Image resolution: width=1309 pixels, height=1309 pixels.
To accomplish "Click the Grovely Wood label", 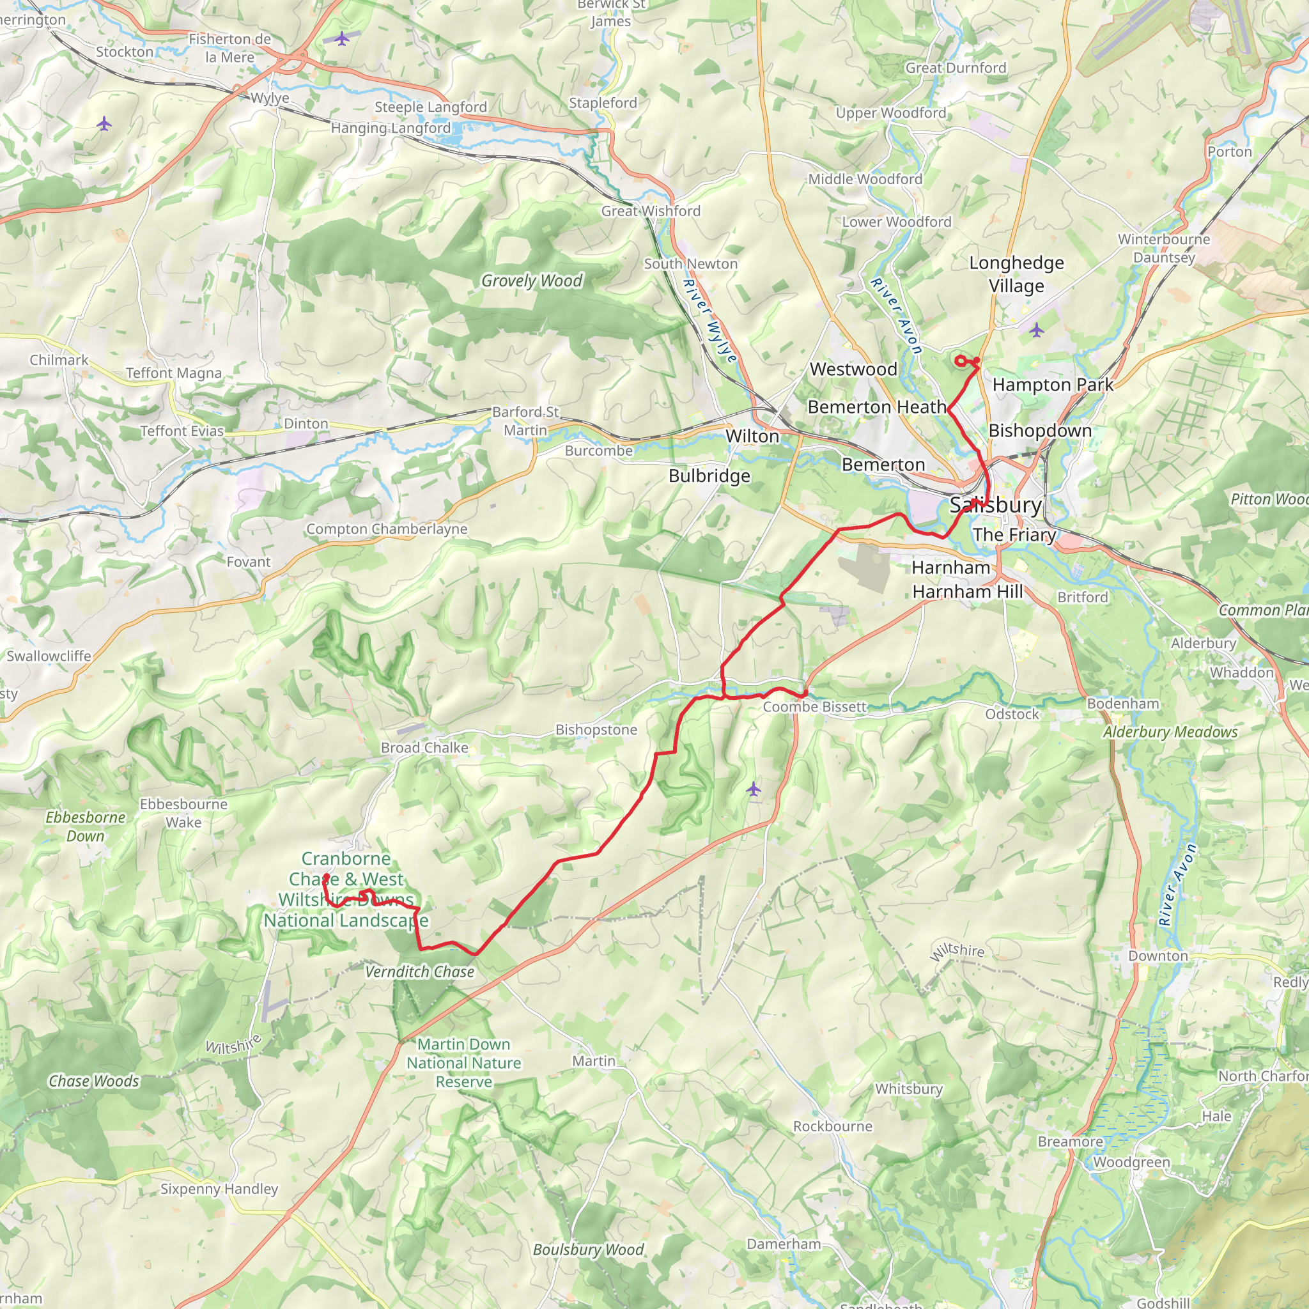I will [x=531, y=281].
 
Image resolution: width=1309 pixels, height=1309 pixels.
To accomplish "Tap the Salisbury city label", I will [x=995, y=504].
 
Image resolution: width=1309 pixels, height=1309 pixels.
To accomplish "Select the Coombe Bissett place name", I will [x=814, y=707].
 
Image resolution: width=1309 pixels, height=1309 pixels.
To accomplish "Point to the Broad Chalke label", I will [x=424, y=747].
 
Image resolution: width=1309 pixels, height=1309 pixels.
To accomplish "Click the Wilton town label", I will [x=752, y=437].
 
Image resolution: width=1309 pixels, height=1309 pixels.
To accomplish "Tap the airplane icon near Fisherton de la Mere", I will [x=342, y=38].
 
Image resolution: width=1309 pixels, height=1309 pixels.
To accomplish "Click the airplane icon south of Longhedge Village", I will [x=1037, y=330].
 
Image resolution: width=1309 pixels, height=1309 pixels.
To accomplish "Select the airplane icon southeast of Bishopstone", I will [x=754, y=789].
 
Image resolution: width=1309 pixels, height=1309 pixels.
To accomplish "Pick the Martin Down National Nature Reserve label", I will [x=463, y=1063].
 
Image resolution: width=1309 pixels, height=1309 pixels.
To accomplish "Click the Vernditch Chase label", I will [x=419, y=972].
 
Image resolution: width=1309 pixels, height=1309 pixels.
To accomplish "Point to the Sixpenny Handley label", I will [x=219, y=1189].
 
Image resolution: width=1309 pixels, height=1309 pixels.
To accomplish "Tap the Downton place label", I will [x=1158, y=956].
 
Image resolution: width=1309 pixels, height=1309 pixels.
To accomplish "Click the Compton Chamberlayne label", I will [x=386, y=529].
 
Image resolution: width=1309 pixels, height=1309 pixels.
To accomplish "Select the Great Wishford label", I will [x=651, y=211].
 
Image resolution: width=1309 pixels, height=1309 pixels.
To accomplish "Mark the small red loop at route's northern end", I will [x=961, y=361].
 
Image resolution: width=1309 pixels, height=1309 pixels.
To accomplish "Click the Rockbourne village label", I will [x=833, y=1126].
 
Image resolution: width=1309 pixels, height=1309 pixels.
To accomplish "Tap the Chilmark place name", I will [x=59, y=360].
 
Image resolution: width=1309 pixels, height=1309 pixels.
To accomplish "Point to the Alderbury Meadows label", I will [x=1170, y=732].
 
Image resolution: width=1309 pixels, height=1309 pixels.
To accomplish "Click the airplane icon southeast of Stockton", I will [x=104, y=124].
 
